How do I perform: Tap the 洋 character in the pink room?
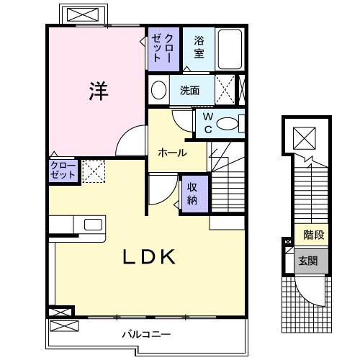(99, 91)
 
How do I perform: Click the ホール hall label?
(173, 153)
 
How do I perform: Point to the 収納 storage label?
(193, 192)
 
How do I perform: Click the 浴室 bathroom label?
(199, 48)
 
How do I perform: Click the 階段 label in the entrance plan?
(313, 235)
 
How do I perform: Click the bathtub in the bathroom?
(230, 49)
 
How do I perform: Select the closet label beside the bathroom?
(159, 48)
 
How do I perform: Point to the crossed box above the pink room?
(83, 14)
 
